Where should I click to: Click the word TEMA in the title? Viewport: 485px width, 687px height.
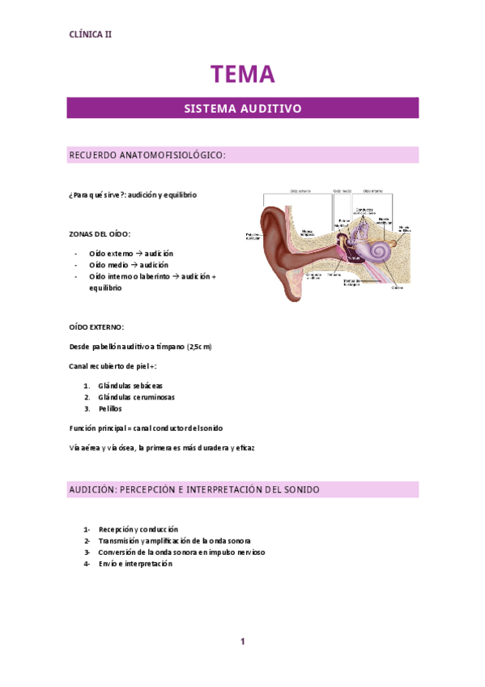(x=242, y=75)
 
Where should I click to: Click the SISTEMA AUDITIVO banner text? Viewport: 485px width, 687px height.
(x=242, y=108)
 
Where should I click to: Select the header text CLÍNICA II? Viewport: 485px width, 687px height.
(x=91, y=35)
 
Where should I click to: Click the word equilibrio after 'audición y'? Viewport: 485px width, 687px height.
(x=177, y=195)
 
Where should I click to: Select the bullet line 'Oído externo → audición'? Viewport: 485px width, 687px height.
(x=130, y=254)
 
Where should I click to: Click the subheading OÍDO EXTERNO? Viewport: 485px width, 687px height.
(x=97, y=326)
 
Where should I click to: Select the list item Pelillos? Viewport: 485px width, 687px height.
(x=110, y=409)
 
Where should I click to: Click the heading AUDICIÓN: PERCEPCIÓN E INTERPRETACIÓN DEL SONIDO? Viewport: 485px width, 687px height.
(x=194, y=489)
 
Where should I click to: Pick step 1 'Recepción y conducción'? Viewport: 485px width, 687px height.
(x=138, y=529)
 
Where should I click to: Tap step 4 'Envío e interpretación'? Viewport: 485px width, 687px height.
(x=135, y=563)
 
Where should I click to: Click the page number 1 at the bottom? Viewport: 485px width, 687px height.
(x=242, y=642)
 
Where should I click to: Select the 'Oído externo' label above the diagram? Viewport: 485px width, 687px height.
(x=300, y=191)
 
